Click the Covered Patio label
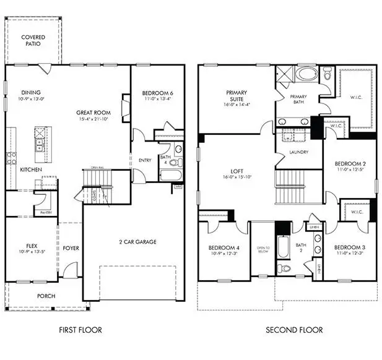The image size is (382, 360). tap(33, 41)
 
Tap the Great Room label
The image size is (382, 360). tap(93, 113)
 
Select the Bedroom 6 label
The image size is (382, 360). tap(157, 93)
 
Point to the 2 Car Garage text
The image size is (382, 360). tap(138, 242)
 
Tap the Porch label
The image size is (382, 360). tap(46, 296)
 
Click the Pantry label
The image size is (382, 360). tap(45, 213)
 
